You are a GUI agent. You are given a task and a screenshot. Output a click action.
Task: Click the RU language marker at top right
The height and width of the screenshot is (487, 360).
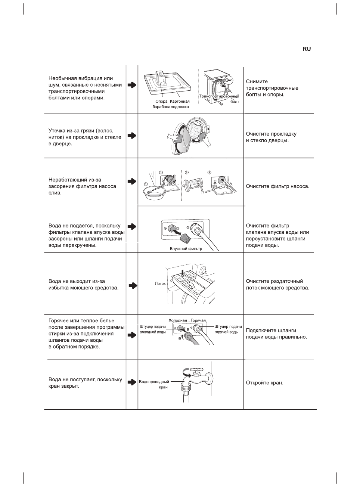pos(307,49)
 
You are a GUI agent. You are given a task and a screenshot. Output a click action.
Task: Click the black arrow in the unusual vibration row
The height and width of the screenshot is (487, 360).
pos(132,85)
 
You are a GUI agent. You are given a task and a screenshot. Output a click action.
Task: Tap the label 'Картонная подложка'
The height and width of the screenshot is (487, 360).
pos(180,104)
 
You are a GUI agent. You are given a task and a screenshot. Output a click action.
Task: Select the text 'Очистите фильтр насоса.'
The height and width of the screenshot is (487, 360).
pos(277,186)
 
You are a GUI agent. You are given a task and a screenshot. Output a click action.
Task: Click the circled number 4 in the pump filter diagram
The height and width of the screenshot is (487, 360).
pos(210,173)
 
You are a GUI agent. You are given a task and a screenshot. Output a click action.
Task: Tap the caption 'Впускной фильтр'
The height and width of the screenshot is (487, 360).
pos(186,249)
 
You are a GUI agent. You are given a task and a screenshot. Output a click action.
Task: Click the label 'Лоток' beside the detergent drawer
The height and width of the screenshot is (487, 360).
pos(160,283)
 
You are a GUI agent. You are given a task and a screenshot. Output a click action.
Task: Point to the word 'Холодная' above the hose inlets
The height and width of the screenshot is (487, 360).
pos(177,320)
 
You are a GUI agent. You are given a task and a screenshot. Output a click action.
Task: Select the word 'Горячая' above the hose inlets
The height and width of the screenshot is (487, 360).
pos(198,320)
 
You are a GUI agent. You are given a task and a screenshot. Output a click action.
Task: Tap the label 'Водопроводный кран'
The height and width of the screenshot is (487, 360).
pos(154,384)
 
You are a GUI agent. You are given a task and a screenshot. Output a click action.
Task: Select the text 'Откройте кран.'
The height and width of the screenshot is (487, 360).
pos(264,383)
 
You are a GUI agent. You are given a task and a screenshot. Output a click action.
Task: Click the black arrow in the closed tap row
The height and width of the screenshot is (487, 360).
pos(132,382)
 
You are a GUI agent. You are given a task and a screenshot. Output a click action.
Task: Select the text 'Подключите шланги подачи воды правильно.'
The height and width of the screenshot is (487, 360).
pos(276,334)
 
